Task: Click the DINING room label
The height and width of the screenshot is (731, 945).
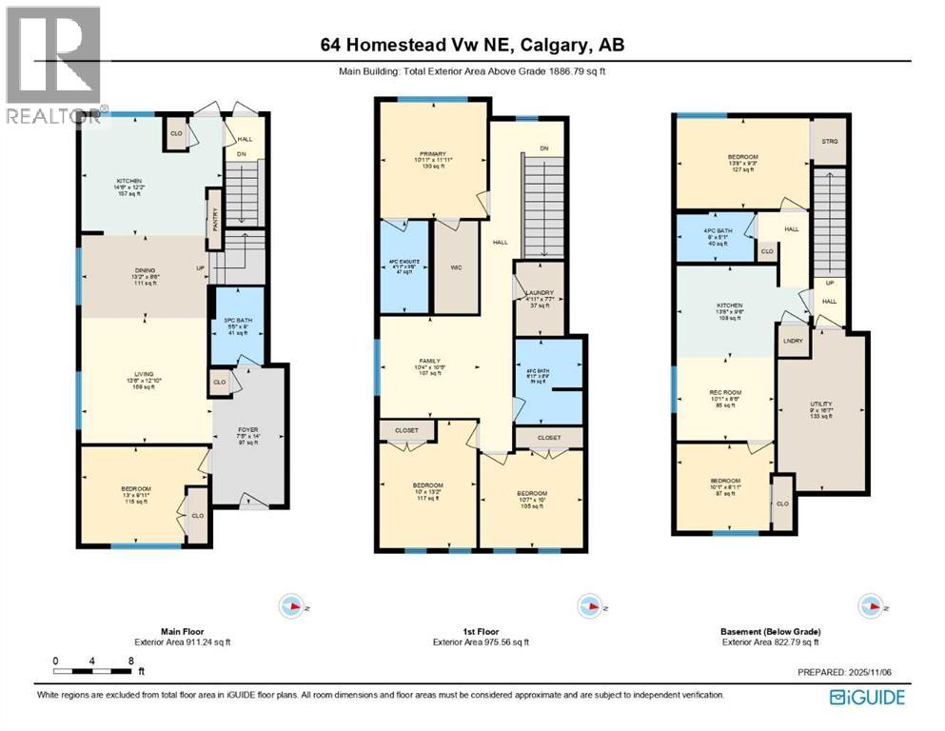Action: pyautogui.click(x=145, y=275)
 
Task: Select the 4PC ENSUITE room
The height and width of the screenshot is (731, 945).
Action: pyautogui.click(x=404, y=267)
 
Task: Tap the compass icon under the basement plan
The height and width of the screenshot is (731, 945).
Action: pyautogui.click(x=868, y=605)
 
